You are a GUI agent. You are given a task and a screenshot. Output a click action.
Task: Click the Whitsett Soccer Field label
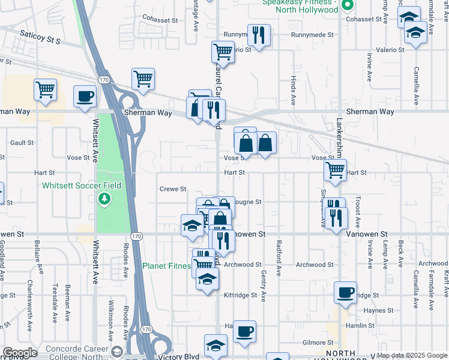pos(82,185)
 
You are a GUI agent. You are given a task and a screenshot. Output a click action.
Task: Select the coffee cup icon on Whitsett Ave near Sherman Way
pos(85,95)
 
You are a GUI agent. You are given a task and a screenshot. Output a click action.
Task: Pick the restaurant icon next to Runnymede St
pos(259,34)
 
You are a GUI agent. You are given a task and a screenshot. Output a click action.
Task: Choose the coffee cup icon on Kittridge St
pos(345,292)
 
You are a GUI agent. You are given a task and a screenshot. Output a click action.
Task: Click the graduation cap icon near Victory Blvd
pos(215,346)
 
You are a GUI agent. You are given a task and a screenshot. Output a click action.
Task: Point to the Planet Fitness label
pos(166,266)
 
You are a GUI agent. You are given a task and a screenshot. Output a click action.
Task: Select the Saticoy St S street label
pos(40,37)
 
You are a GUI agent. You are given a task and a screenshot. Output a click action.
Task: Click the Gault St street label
pos(22,143)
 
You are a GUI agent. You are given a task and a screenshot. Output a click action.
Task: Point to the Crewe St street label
pos(173,189)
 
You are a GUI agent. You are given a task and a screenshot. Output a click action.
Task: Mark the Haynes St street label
pos(378,310)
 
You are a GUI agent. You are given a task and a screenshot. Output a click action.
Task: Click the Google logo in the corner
pos(20,353)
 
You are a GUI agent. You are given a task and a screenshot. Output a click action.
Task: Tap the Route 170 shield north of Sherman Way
pos(104,79)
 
